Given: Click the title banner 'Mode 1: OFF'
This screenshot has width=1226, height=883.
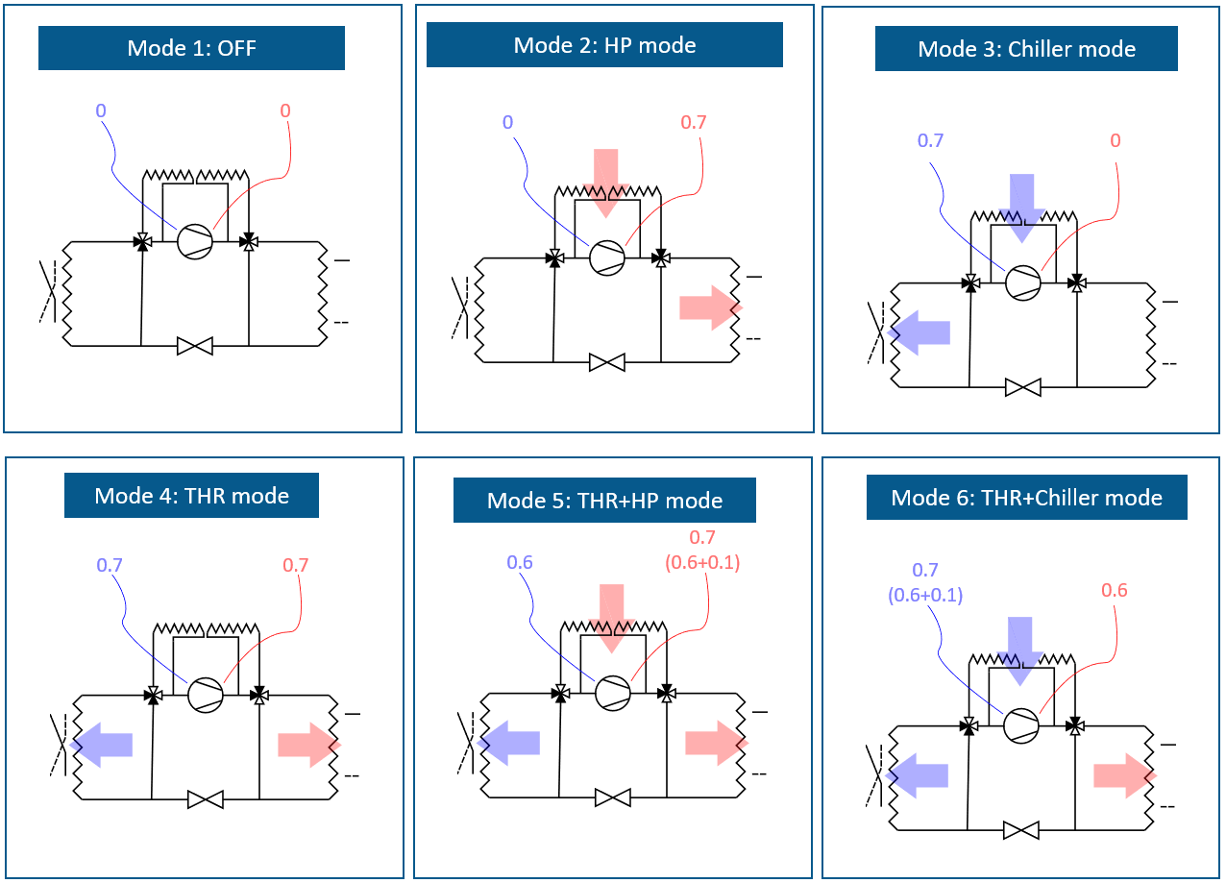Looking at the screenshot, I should [x=191, y=48].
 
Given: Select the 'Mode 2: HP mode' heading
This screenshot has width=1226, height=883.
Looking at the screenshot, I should [x=604, y=45].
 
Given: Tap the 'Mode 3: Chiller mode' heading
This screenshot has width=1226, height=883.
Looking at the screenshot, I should [x=1026, y=49].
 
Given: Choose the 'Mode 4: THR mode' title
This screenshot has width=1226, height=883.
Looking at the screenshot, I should [x=191, y=496].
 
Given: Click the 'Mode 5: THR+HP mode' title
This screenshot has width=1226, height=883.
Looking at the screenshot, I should [x=604, y=501].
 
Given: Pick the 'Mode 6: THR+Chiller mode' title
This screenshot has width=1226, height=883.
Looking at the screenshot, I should [x=1026, y=498].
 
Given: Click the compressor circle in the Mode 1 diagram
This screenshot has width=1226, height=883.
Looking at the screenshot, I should [x=195, y=241].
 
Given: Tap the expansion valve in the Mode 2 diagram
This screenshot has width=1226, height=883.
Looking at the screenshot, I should [x=607, y=362].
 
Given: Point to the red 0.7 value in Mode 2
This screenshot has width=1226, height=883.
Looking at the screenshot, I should [x=693, y=122].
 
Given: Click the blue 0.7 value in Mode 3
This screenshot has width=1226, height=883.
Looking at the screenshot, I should [x=930, y=140].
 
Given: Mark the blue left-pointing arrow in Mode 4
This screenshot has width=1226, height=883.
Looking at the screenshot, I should [x=102, y=744].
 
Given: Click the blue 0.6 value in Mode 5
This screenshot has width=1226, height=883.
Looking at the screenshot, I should [x=519, y=562].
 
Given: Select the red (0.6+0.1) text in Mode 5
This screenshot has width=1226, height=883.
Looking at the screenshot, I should [x=702, y=562].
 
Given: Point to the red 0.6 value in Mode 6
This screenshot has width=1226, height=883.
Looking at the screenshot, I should [x=1115, y=591].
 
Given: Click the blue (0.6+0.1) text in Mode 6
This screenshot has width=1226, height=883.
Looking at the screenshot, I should [x=925, y=596].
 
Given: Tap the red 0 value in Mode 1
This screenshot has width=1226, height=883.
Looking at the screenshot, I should [x=285, y=110].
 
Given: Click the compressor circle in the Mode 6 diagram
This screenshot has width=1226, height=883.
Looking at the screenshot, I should [x=1021, y=725].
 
